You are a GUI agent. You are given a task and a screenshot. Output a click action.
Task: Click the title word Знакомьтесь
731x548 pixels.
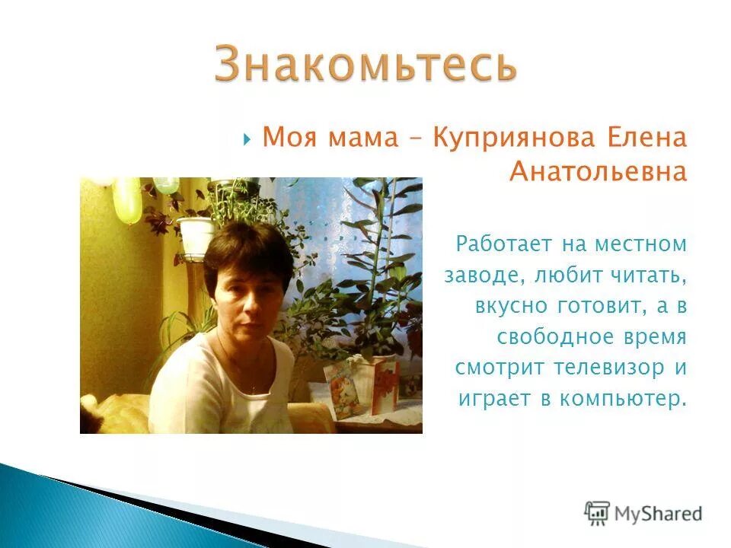[365, 64]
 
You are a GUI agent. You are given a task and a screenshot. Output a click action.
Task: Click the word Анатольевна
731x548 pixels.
[598, 173]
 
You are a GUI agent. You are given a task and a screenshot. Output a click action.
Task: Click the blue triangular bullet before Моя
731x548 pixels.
[247, 139]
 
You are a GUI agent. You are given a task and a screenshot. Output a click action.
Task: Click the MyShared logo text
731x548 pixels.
[659, 513]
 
